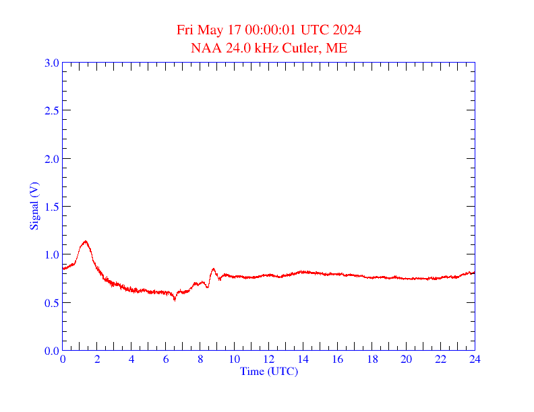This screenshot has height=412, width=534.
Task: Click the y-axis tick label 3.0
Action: pyautogui.click(x=52, y=63)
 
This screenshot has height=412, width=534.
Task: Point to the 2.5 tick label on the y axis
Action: pyautogui.click(x=52, y=110)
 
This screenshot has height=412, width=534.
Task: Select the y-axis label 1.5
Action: pyautogui.click(x=52, y=207)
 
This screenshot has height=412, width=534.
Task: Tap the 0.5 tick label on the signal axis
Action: pyautogui.click(x=52, y=303)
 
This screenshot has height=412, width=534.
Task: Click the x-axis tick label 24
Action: pyautogui.click(x=475, y=360)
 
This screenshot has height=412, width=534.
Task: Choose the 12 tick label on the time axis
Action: pyautogui.click(x=268, y=360)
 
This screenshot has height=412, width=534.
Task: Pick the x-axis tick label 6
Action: pyautogui.click(x=166, y=360)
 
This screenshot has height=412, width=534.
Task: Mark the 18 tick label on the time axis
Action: pyautogui.click(x=372, y=360)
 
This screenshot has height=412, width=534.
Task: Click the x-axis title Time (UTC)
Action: pyautogui.click(x=269, y=371)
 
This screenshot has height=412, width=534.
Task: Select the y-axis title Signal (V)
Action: pyautogui.click(x=34, y=207)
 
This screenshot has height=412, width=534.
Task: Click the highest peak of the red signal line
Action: pyautogui.click(x=85, y=241)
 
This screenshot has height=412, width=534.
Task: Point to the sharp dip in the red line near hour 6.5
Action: pyautogui.click(x=175, y=299)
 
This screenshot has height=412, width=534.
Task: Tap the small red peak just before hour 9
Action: pyautogui.click(x=213, y=269)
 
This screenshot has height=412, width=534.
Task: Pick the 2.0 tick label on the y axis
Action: pyautogui.click(x=52, y=159)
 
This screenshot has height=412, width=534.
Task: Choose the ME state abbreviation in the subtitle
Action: pyautogui.click(x=336, y=48)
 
